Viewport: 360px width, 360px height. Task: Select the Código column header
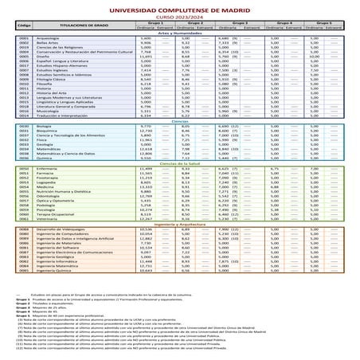pyautogui.click(x=24, y=26)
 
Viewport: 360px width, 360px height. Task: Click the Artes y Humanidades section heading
pyautogui.click(x=179, y=33)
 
